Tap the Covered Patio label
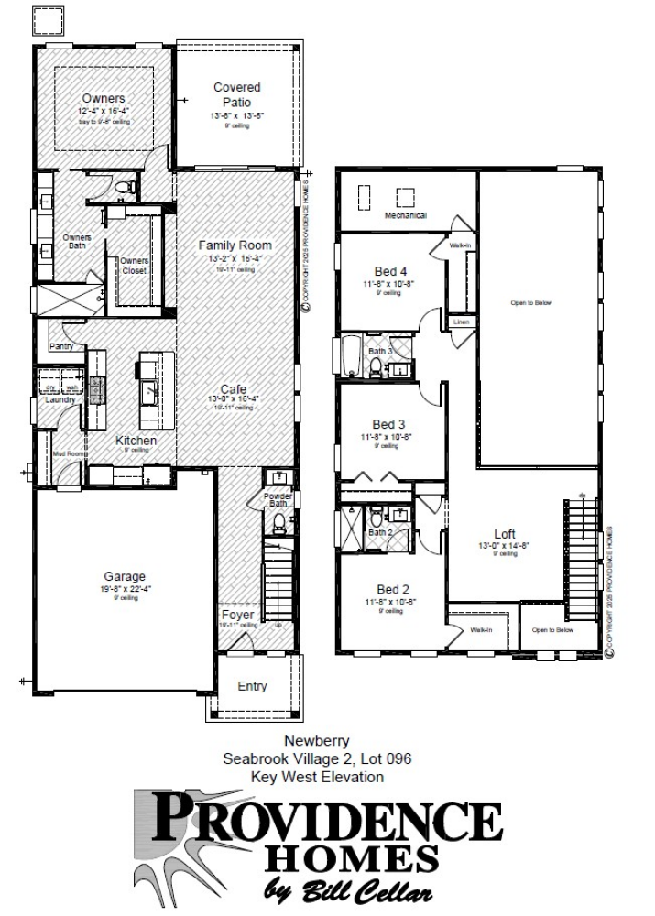click(x=236, y=94)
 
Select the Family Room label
click(x=235, y=245)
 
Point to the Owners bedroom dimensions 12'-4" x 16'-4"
click(x=103, y=111)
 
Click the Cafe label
click(x=233, y=388)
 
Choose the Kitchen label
click(x=136, y=441)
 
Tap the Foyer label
click(x=237, y=615)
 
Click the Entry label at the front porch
click(x=253, y=686)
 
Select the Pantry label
click(x=61, y=346)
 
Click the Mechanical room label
click(x=407, y=216)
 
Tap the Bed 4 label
click(x=390, y=271)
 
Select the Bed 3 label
click(x=389, y=424)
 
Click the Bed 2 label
click(x=391, y=588)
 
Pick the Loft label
click(x=505, y=534)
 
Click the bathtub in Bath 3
click(x=352, y=356)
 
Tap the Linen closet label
click(x=461, y=322)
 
